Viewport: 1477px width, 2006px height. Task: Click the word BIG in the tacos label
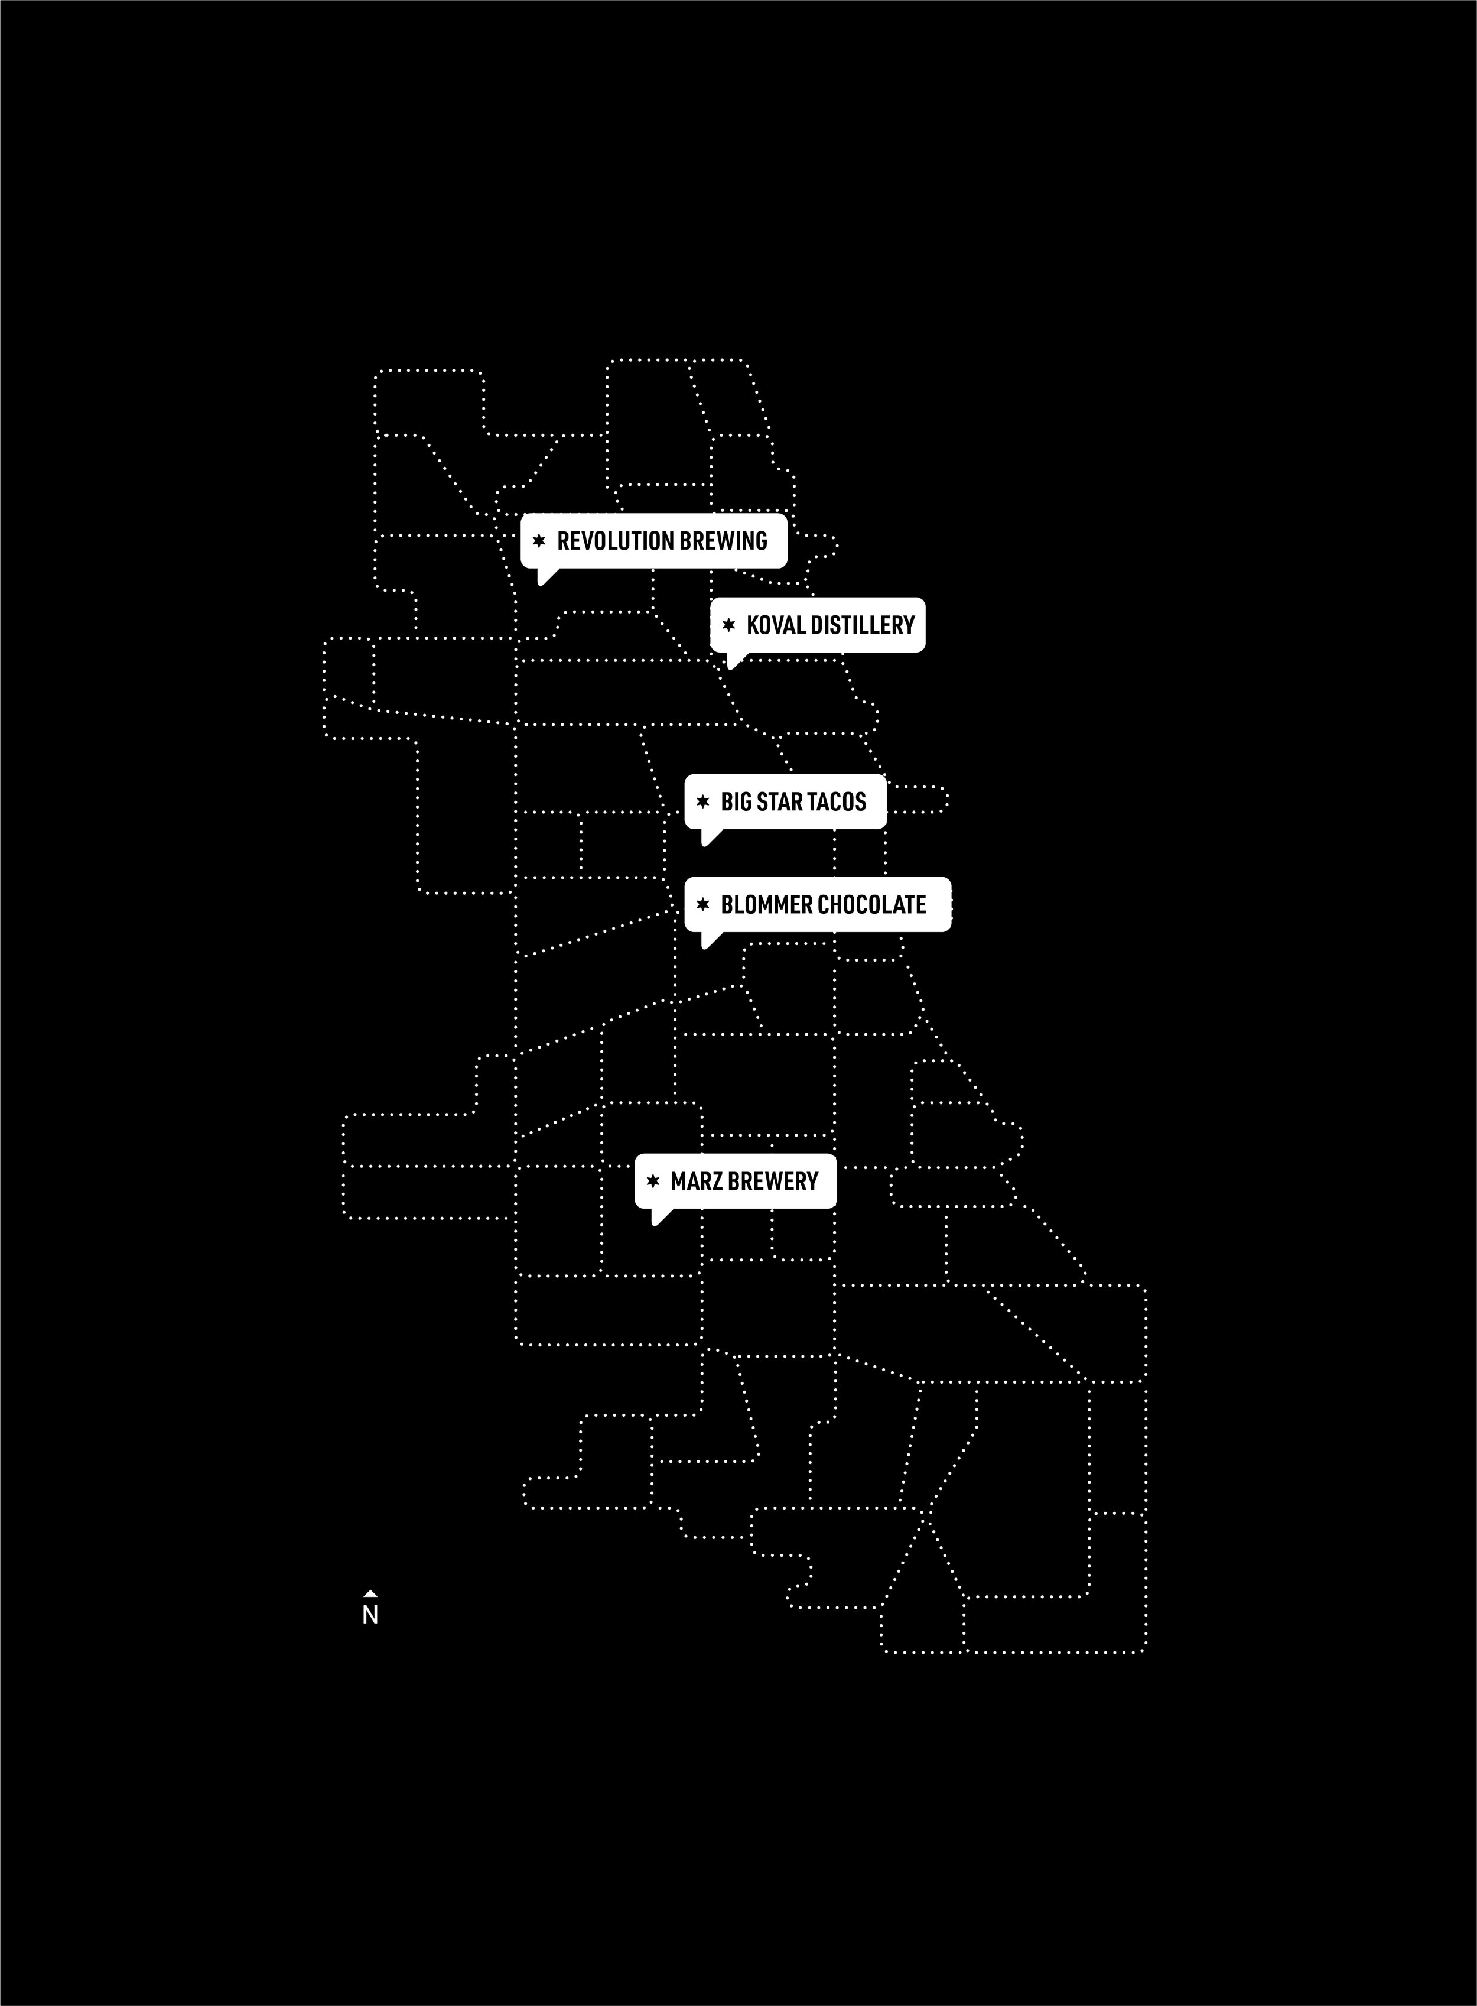(737, 801)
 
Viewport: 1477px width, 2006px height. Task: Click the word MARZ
(697, 1181)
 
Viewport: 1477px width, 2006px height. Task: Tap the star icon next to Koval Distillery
(728, 625)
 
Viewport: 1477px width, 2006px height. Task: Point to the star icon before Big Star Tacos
(702, 801)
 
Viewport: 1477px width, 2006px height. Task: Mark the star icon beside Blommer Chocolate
(702, 905)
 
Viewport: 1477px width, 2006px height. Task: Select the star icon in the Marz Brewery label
(653, 1181)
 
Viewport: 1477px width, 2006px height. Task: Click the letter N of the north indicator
(370, 1616)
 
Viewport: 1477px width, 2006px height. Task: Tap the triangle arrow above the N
(370, 1593)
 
